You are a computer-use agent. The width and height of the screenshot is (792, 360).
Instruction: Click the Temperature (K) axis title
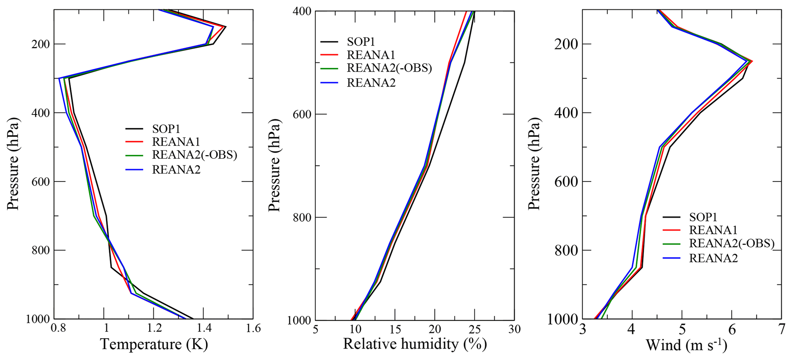[154, 345]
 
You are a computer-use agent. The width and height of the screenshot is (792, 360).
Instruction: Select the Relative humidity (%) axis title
[415, 344]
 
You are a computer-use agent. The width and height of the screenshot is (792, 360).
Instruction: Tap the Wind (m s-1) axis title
[686, 345]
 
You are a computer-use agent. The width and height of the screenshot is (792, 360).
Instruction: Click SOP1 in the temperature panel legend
[166, 129]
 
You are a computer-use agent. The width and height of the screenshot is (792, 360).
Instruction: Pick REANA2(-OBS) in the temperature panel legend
[195, 155]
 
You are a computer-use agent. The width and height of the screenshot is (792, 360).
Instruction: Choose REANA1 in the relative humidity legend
[371, 55]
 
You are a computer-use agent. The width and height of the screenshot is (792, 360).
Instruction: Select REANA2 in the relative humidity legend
[371, 83]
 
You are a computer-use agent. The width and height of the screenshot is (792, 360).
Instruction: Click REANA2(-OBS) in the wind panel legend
[731, 244]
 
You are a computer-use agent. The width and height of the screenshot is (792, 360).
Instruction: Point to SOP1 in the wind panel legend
[703, 217]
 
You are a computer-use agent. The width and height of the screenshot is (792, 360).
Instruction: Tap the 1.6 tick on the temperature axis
[253, 329]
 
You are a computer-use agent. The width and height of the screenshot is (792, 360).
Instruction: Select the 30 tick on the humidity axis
[514, 329]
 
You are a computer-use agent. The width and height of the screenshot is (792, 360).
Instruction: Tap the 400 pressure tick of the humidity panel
[301, 11]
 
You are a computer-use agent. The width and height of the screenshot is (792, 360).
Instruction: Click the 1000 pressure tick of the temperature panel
[38, 319]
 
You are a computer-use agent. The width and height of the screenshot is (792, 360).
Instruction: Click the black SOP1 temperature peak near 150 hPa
[225, 27]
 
